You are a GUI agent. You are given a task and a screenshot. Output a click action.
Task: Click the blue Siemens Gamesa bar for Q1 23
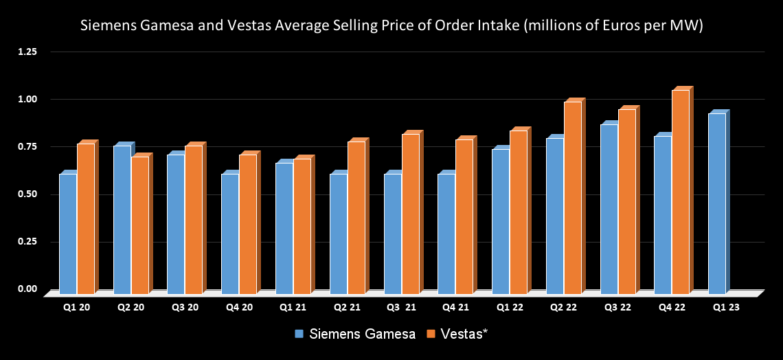click(716, 203)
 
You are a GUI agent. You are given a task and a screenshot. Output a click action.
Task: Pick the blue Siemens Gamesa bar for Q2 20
click(122, 219)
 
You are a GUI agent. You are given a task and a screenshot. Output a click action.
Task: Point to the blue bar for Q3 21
click(392, 234)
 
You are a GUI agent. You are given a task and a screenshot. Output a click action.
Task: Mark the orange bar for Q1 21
click(302, 226)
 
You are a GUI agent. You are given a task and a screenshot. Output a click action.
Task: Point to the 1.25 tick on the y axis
click(27, 52)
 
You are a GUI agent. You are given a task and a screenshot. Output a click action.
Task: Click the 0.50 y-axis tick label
click(27, 194)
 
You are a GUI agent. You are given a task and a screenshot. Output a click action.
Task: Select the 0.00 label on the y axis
click(27, 289)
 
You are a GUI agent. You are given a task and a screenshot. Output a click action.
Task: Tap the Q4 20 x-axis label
click(238, 307)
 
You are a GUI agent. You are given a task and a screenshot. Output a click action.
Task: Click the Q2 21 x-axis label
click(347, 307)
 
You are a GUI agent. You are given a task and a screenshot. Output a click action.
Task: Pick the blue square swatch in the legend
click(299, 335)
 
